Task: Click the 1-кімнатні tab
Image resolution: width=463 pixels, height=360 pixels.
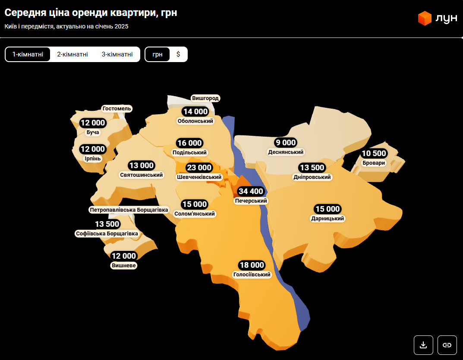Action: point(28,54)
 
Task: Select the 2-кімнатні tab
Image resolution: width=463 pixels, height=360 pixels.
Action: point(72,54)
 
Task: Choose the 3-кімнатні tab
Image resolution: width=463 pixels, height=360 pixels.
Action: point(117,54)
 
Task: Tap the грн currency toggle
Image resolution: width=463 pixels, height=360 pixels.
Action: point(157,54)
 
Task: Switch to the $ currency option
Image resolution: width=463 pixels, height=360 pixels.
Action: point(178,54)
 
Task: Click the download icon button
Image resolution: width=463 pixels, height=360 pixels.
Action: point(423,345)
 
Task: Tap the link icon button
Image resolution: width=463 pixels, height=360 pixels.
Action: point(447,345)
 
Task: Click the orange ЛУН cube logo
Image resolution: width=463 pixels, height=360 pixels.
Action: point(425,18)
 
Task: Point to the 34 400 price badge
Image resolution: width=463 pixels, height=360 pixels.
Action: point(251,191)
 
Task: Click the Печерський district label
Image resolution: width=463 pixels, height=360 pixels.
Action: point(251,201)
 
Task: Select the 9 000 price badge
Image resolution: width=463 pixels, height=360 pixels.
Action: point(285,143)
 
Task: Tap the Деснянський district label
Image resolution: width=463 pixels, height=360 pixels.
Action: point(286,152)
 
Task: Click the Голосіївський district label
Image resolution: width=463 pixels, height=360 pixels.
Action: point(252,275)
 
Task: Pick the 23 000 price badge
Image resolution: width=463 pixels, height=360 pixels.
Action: point(199,168)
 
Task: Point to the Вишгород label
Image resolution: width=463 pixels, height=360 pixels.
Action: point(206,98)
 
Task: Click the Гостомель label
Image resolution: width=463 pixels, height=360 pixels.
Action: point(117,109)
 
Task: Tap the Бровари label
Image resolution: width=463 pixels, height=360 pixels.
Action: point(374,163)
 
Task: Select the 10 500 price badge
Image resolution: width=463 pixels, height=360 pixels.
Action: point(374,153)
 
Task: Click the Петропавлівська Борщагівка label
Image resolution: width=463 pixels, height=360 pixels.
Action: point(129,210)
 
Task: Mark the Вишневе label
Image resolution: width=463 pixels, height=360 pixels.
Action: point(124,266)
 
